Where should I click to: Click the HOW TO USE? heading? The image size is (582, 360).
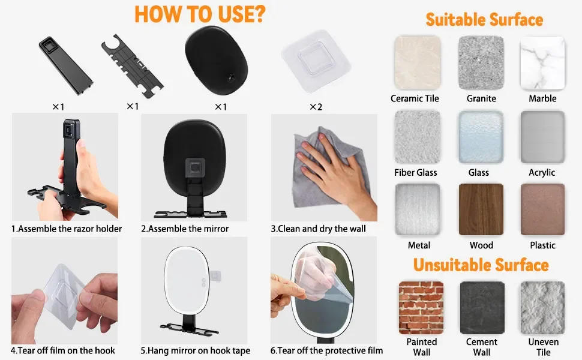click(x=200, y=14)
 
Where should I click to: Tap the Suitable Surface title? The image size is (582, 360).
click(x=484, y=20)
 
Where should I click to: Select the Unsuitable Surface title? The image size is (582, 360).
click(x=481, y=265)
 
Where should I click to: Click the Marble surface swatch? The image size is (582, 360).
click(x=542, y=63)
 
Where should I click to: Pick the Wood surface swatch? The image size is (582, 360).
click(x=481, y=209)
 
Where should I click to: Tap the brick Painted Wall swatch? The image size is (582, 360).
click(x=421, y=308)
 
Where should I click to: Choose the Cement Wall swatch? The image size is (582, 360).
click(x=482, y=308)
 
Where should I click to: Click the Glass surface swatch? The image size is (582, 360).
click(x=481, y=137)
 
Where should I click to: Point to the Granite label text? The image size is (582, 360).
click(x=481, y=98)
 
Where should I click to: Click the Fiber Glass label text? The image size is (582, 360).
click(x=415, y=173)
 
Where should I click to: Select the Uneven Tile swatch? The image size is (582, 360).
click(x=542, y=308)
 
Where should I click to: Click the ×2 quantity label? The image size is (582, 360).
click(x=316, y=107)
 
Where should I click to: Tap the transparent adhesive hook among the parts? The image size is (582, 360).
click(x=316, y=61)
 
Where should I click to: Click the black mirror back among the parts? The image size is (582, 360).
click(x=216, y=61)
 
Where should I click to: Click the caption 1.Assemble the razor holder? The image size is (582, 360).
click(x=67, y=229)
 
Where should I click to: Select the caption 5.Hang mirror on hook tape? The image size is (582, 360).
click(x=195, y=351)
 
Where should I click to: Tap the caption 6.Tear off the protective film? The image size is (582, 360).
click(x=326, y=351)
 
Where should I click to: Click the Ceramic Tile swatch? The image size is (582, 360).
click(x=418, y=63)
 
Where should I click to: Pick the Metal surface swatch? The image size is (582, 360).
click(x=418, y=209)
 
